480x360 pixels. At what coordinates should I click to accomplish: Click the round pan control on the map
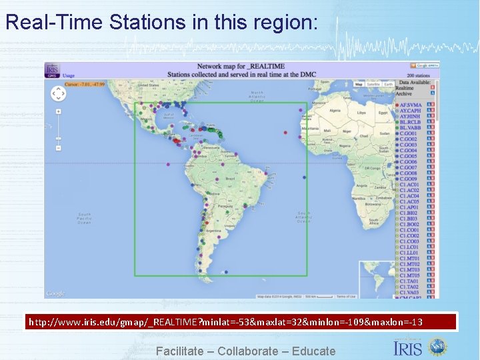[59, 94]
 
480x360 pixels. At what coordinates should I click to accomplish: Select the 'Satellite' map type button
[373, 85]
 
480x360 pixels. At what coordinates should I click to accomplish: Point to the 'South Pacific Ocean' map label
[83, 218]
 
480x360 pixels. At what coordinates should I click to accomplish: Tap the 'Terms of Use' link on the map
[345, 296]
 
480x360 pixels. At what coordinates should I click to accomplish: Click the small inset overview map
[377, 279]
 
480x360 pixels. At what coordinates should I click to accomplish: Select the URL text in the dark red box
[225, 323]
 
